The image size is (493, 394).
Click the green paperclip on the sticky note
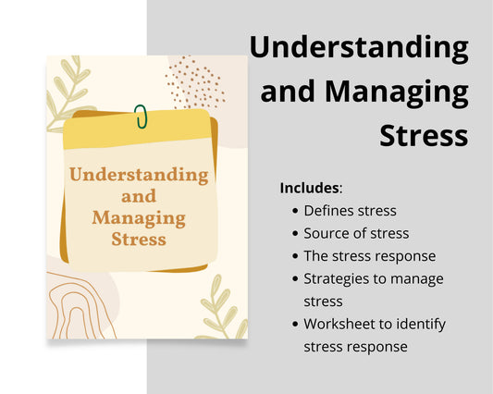click(x=141, y=117)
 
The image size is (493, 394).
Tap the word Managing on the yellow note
click(x=139, y=219)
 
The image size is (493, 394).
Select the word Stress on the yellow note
click(x=139, y=240)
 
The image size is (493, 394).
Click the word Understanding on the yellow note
click(x=139, y=174)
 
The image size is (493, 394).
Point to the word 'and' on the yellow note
click(x=139, y=196)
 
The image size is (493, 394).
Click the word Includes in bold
click(x=310, y=188)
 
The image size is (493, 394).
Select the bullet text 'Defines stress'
click(x=350, y=211)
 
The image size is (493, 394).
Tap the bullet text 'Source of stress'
click(x=356, y=233)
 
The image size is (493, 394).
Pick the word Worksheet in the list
click(x=338, y=324)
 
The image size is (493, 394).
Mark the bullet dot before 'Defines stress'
click(x=295, y=211)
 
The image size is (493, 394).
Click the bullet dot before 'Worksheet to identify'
click(x=295, y=324)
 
